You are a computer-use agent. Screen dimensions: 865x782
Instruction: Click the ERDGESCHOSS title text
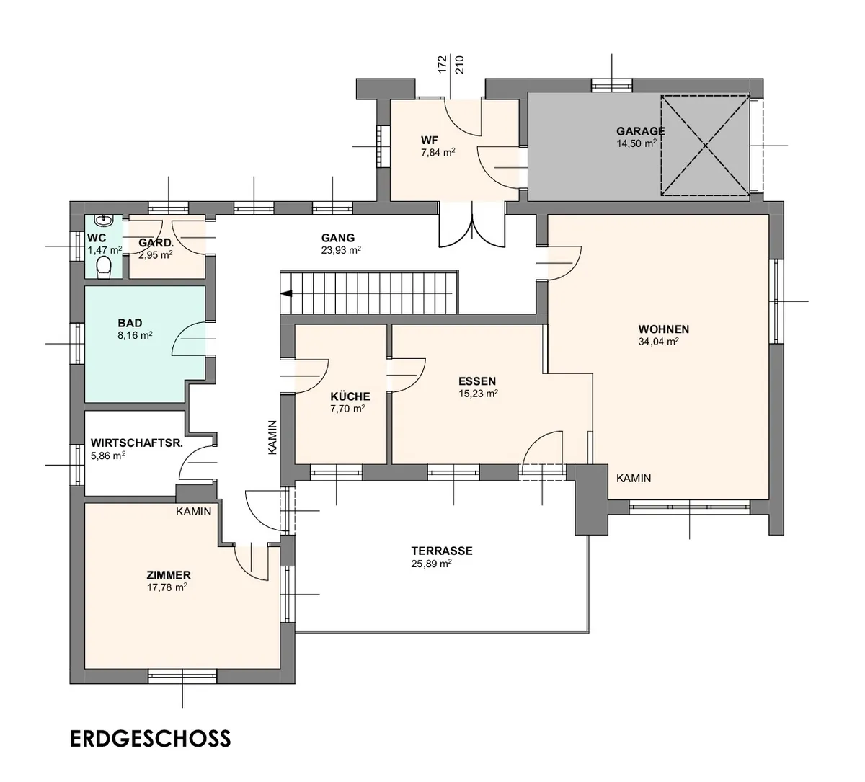pyautogui.click(x=151, y=739)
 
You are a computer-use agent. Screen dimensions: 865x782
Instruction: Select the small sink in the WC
pyautogui.click(x=104, y=221)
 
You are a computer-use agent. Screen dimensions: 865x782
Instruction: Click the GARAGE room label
pyautogui.click(x=640, y=130)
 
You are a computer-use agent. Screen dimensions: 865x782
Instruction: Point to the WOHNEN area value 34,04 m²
pyautogui.click(x=658, y=342)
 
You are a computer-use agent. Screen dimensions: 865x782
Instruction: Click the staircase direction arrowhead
pyautogui.click(x=286, y=294)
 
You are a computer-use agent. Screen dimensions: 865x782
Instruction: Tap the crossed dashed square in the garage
pyautogui.click(x=706, y=146)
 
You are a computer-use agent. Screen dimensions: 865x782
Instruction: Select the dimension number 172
pyautogui.click(x=443, y=64)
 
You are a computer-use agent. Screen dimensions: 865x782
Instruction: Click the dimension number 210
pyautogui.click(x=460, y=64)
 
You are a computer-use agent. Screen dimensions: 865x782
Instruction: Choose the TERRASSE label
pyautogui.click(x=442, y=551)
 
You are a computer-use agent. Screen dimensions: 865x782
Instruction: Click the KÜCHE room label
pyautogui.click(x=350, y=396)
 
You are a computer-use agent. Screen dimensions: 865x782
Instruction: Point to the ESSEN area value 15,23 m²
pyautogui.click(x=478, y=394)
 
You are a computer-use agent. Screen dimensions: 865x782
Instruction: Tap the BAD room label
pyautogui.click(x=130, y=323)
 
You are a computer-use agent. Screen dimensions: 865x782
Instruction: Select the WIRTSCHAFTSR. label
pyautogui.click(x=137, y=443)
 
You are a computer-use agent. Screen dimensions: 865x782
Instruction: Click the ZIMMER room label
pyautogui.click(x=169, y=575)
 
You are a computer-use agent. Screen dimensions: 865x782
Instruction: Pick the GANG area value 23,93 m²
pyautogui.click(x=341, y=250)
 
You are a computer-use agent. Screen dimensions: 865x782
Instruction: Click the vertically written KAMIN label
pyautogui.click(x=272, y=437)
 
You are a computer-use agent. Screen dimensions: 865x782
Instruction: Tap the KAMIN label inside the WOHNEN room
pyautogui.click(x=634, y=478)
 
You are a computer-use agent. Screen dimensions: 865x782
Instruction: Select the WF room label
pyautogui.click(x=430, y=140)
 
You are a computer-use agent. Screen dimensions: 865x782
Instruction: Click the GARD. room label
pyautogui.click(x=156, y=243)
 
